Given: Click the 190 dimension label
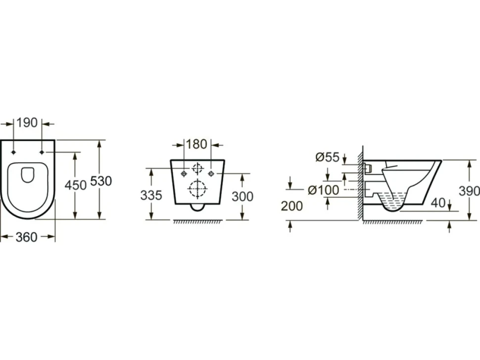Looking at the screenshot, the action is [27, 123].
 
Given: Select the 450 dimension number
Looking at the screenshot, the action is [76, 185].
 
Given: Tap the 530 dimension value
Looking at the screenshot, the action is [101, 181].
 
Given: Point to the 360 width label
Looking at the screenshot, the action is [27, 237].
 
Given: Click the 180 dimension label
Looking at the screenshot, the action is [196, 144].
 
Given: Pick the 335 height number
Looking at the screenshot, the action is [151, 195].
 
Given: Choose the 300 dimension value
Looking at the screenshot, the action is [242, 197].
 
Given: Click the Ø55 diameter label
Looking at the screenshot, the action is [327, 157].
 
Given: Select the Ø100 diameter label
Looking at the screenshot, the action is [323, 190].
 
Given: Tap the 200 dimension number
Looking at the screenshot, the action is [292, 206].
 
